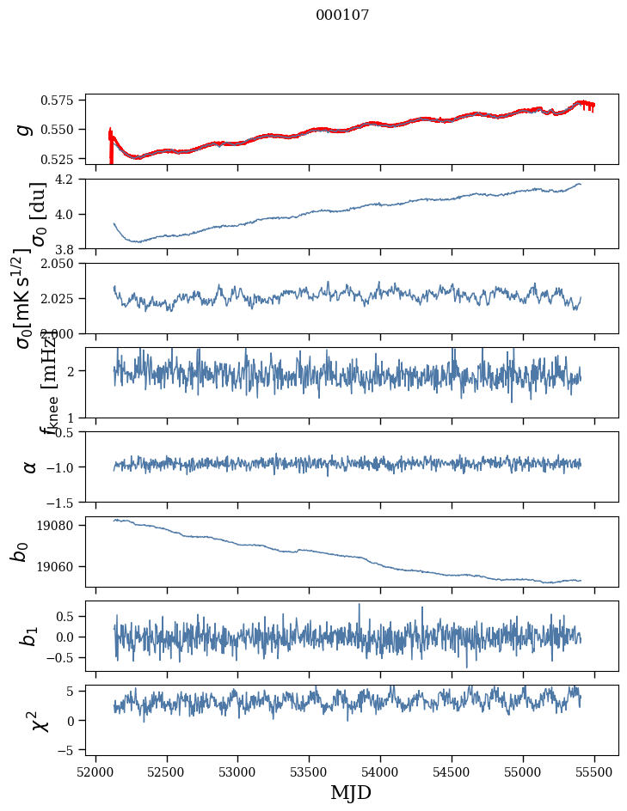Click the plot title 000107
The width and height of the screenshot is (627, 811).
tap(342, 15)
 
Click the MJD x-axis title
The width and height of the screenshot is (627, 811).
tap(351, 792)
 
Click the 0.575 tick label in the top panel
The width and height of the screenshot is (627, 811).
tap(65, 100)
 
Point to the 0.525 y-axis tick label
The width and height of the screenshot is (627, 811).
tap(65, 159)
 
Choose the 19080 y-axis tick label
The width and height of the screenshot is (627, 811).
tap(62, 526)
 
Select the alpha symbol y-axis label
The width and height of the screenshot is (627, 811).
tap(29, 466)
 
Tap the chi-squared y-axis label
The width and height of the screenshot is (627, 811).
tap(40, 720)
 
